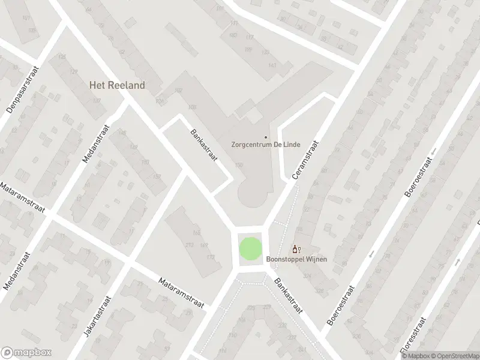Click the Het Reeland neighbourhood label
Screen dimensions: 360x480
coord(117,85)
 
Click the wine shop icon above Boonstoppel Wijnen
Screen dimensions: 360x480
coord(295,249)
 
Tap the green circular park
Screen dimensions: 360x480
coord(251,249)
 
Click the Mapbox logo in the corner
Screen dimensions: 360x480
coord(26,352)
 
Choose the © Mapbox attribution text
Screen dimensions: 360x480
coord(413,355)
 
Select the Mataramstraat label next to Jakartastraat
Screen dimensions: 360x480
coord(182,293)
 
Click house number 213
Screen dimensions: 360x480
coord(190,245)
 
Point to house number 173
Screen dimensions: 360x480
coord(210,257)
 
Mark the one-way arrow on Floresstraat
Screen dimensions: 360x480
coord(458,262)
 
